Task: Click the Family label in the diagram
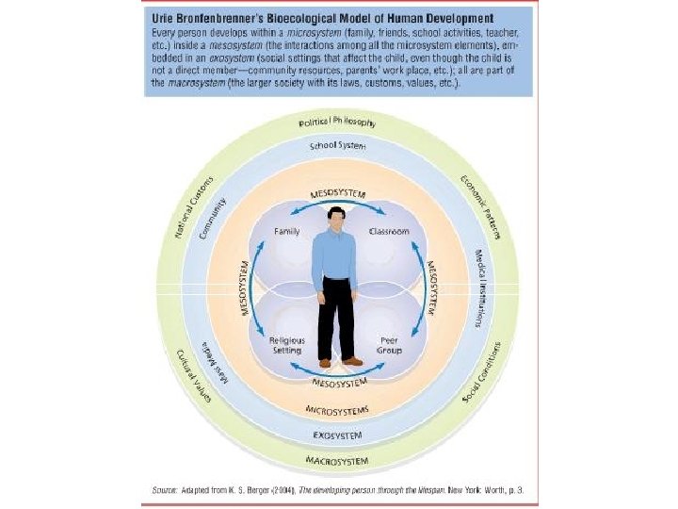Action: [287, 231]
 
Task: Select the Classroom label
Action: [389, 231]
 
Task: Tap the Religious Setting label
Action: [286, 344]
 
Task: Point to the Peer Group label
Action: [389, 344]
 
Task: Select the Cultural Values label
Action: [197, 377]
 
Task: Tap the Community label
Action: [216, 219]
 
